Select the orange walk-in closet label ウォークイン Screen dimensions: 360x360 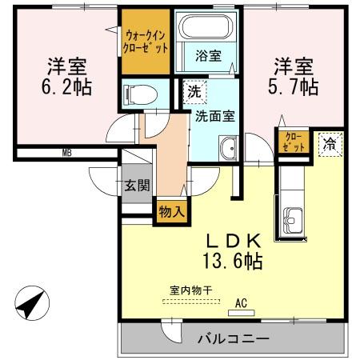coord(146,36)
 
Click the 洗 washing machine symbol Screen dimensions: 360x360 coord(194,91)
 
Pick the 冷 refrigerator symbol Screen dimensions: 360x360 coord(329,144)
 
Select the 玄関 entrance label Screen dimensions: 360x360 coord(135,186)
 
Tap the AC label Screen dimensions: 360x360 coord(240,303)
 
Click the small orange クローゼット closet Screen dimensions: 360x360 coord(293,142)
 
